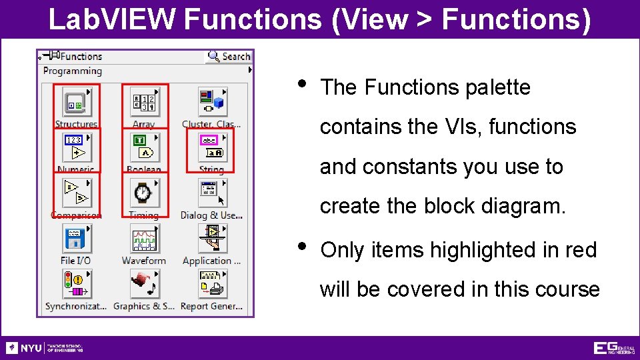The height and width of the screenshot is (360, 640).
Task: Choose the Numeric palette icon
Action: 75,147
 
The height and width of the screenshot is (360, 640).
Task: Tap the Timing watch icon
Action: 143,193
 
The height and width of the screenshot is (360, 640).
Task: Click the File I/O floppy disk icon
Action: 75,238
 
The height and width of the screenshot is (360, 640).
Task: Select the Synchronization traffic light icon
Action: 75,284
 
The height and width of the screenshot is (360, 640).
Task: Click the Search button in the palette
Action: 229,57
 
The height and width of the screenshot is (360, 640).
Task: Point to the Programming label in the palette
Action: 73,71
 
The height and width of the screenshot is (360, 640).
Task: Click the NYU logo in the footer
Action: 25,348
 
